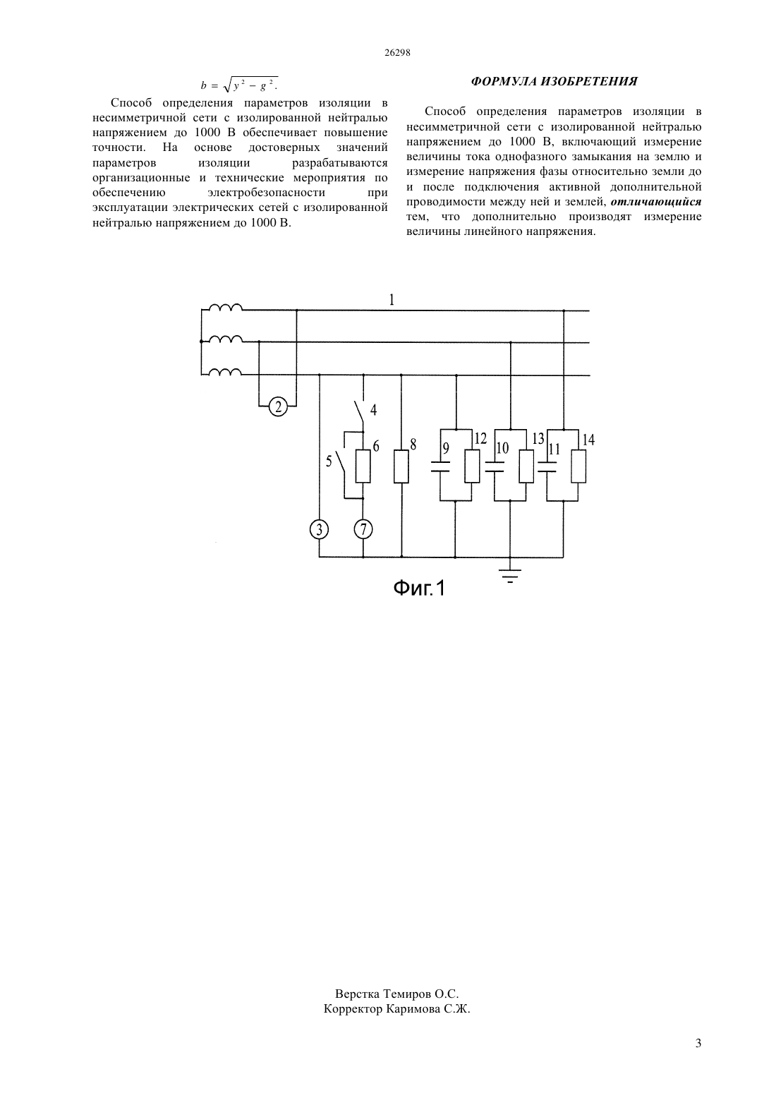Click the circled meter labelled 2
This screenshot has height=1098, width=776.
(278, 406)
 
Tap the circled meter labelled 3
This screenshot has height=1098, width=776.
(319, 529)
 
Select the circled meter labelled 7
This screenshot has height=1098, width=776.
(363, 529)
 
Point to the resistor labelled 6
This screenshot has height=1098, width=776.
(363, 466)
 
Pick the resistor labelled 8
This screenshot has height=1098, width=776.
(401, 466)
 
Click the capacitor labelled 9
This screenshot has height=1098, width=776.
(440, 466)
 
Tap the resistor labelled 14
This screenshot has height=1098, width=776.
(578, 466)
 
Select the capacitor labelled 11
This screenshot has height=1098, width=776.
(547, 466)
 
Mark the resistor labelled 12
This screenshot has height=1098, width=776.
(472, 466)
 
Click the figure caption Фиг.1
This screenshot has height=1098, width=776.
(419, 587)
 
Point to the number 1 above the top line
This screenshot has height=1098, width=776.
(392, 299)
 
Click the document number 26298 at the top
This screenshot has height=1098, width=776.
(397, 53)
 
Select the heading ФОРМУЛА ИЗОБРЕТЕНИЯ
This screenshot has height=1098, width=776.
(554, 81)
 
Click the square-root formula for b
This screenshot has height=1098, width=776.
(240, 85)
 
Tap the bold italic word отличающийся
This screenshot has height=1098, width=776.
(656, 202)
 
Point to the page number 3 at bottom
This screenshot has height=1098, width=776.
(698, 1043)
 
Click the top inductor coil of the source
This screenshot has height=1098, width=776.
(225, 308)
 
